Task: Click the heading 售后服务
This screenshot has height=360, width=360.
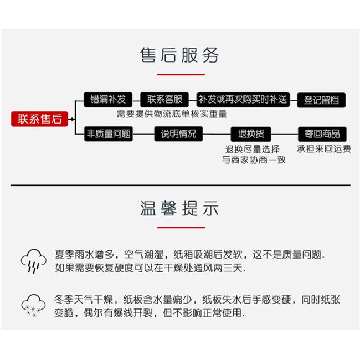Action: click(x=180, y=55)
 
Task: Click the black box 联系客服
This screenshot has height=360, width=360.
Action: click(x=164, y=100)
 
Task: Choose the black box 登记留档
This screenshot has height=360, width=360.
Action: click(x=321, y=100)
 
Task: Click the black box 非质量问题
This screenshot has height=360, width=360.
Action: click(x=108, y=133)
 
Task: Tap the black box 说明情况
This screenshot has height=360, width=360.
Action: click(x=178, y=133)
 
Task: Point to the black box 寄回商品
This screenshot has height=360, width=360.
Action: click(x=321, y=133)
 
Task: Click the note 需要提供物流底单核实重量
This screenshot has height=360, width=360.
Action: click(x=171, y=114)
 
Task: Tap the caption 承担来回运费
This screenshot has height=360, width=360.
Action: click(x=323, y=148)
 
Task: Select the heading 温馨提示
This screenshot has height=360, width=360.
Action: click(x=180, y=209)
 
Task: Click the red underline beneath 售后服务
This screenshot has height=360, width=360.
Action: click(x=181, y=74)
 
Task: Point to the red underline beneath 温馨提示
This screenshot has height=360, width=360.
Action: click(x=181, y=227)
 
